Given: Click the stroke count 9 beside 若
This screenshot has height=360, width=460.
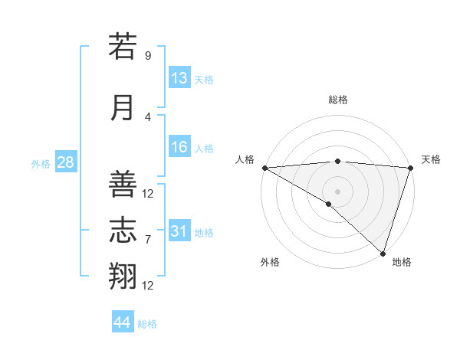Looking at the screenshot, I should click(148, 56).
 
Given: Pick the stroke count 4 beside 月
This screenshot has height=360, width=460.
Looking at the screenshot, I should click(148, 116).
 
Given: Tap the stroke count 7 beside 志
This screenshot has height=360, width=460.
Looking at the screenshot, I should click(148, 240).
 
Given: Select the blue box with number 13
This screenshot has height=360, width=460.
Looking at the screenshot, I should click(179, 78).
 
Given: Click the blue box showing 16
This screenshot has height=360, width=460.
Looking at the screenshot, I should click(179, 147).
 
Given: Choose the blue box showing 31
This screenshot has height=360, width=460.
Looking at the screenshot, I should click(179, 231).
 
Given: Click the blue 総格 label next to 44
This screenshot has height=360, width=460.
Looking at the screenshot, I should click(148, 324).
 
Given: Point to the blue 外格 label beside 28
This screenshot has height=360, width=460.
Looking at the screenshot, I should click(41, 163).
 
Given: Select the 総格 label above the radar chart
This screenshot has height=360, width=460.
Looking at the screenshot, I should click(338, 100).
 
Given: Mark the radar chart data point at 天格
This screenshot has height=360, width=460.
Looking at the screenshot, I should click(410, 167).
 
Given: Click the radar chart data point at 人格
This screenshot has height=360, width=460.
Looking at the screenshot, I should click(264, 167).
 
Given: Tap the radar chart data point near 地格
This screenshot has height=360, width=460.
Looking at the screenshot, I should click(383, 253).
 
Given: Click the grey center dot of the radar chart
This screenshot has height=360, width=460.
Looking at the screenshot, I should click(337, 190).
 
